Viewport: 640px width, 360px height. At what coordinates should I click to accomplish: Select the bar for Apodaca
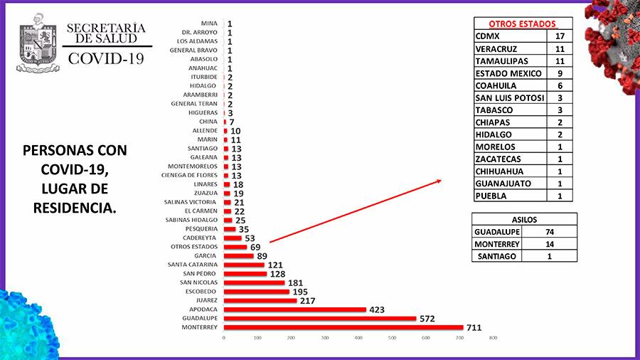pos(295,309)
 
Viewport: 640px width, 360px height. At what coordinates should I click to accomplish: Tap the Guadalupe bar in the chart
pos(320,318)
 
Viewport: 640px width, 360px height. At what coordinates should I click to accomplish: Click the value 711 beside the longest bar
pos(474,327)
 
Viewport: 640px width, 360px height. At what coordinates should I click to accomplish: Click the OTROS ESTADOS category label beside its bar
pos(198,247)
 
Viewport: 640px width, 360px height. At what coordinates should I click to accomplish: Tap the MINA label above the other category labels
pos(210,23)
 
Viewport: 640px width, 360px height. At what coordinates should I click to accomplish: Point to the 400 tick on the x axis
pos(358,337)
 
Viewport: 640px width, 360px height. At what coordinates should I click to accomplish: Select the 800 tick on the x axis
pos(493,337)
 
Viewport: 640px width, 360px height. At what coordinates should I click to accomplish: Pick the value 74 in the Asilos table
pos(549,231)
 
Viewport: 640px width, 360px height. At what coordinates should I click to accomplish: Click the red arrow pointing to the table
pos(356,211)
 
